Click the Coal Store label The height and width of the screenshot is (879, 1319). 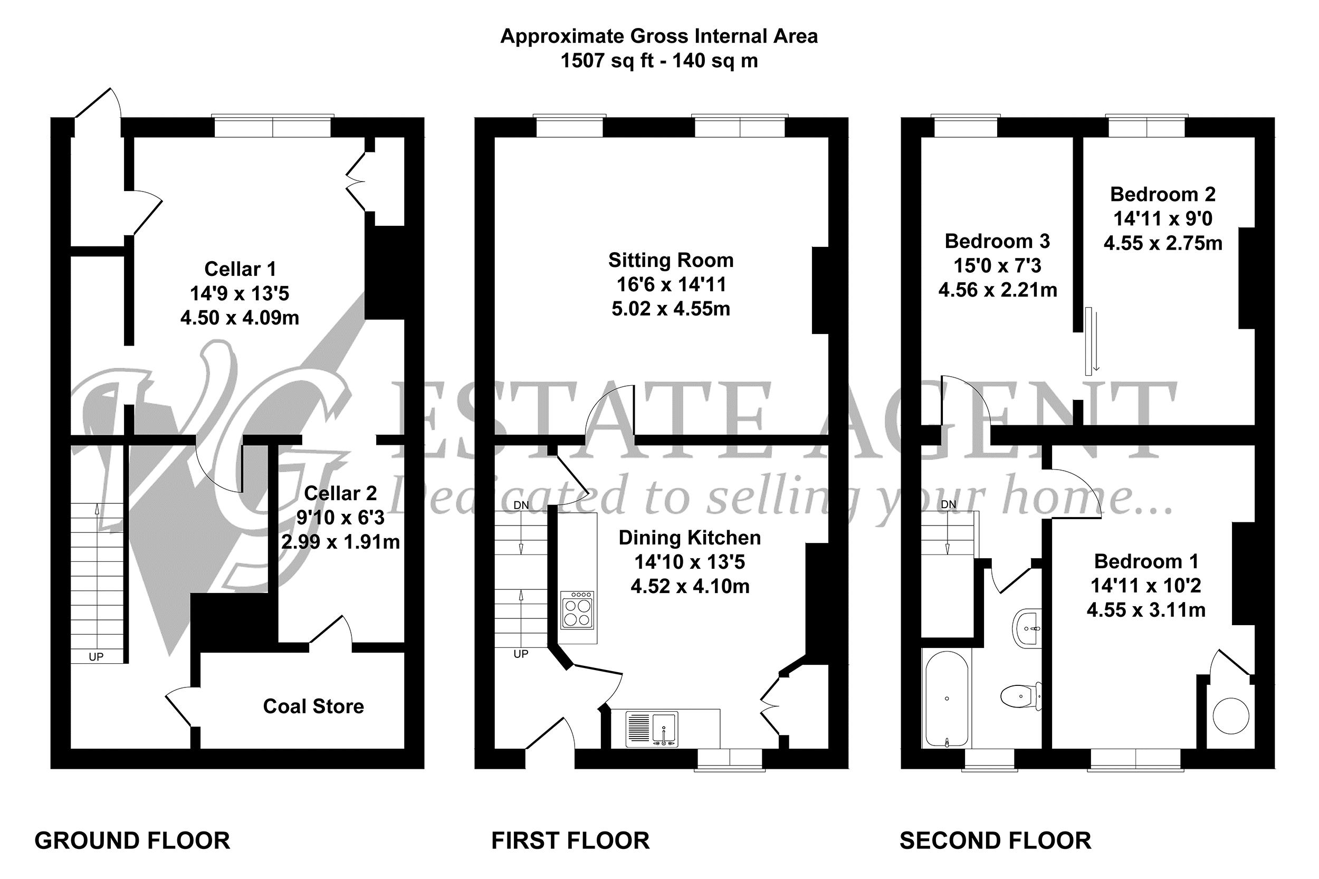point(313,706)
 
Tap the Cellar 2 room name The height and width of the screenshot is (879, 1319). point(340,493)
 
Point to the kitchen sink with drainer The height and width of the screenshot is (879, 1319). point(652,729)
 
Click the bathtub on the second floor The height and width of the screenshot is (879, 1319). point(946,699)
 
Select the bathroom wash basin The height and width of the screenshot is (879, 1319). point(1027,628)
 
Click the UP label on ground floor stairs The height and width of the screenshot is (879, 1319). point(96,656)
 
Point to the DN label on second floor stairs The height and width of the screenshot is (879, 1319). point(948,504)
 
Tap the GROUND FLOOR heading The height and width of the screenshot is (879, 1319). point(132,841)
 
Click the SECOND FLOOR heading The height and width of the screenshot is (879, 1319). point(995,841)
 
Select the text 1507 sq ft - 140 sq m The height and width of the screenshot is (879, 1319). point(658,61)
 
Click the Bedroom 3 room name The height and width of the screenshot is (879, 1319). point(997,241)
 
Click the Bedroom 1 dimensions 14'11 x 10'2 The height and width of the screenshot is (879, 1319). point(1145,586)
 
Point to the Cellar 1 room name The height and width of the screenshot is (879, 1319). point(240,269)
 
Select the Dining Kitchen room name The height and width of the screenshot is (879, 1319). point(689,538)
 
